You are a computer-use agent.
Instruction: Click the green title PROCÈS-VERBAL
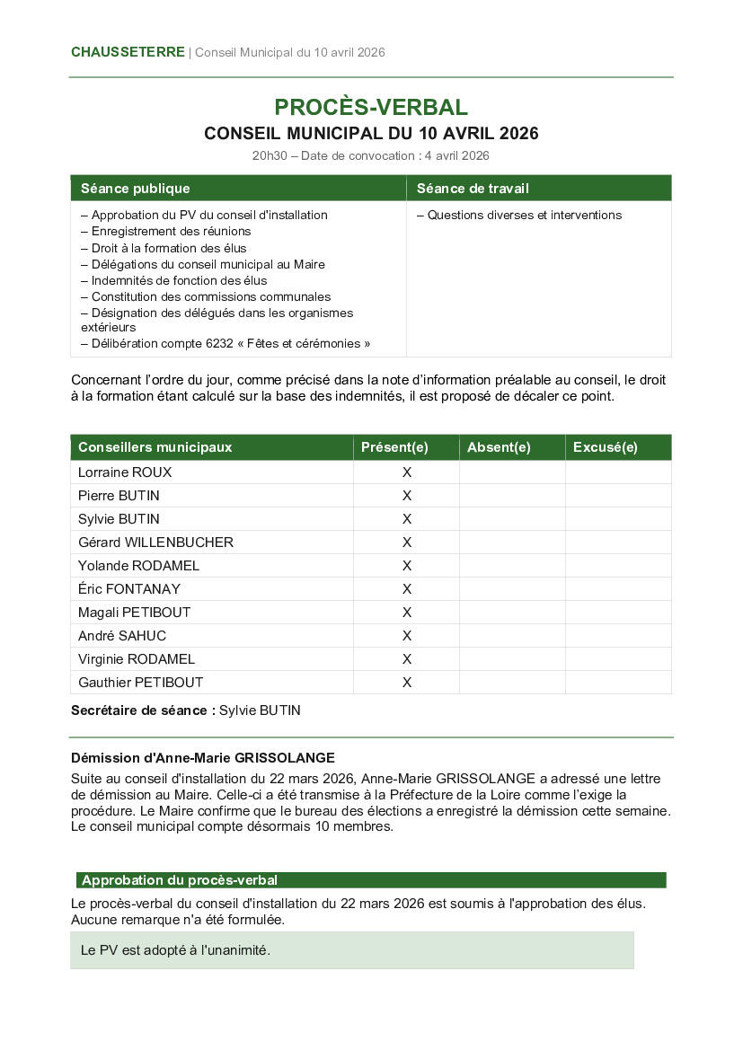pos(371,108)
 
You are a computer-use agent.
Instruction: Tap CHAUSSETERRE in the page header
pos(128,52)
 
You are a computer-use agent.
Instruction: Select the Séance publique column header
pos(135,189)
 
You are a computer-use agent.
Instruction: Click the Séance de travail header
pos(473,189)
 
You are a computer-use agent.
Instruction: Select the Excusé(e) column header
pos(605,447)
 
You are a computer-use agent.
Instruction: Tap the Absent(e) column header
pos(499,447)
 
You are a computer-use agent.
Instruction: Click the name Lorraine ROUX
pos(125,472)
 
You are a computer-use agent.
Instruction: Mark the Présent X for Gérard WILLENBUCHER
pos(406,543)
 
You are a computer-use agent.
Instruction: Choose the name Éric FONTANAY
pos(129,589)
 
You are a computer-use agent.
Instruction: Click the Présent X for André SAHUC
pos(406,636)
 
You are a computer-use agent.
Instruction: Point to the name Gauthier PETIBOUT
pos(141,683)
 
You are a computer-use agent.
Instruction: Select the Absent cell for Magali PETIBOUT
pos(512,613)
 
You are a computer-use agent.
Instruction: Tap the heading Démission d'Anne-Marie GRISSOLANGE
pos(203,758)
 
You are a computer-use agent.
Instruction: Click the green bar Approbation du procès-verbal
pos(180,880)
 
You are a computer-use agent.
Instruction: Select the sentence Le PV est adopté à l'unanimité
pos(175,949)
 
